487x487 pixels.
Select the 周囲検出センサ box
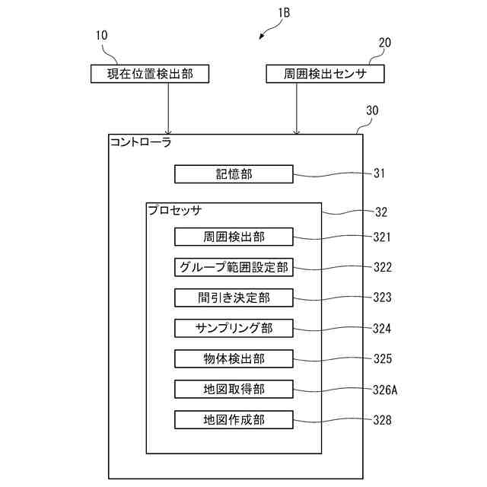tap(325, 74)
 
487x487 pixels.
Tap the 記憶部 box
tap(234, 174)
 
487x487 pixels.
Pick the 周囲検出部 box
tap(234, 237)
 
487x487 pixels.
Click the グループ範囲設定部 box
tap(234, 267)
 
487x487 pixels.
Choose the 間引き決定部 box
tap(234, 298)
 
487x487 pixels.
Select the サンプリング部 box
tap(234, 328)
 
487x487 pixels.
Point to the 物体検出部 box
tap(234, 358)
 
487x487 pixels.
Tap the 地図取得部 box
tap(234, 389)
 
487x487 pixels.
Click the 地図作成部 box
tap(234, 419)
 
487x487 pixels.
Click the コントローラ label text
tap(141, 142)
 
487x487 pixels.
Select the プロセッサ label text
tap(175, 209)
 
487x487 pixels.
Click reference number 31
tap(379, 174)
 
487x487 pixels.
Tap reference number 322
tap(382, 267)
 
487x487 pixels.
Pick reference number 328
tap(382, 419)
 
